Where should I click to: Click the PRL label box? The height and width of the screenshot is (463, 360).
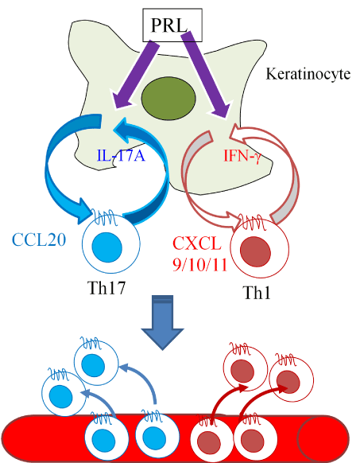172,25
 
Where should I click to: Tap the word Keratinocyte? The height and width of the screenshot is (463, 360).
308,74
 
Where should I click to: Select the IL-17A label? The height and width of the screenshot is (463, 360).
122,155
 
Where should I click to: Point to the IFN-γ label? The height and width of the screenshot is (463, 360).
242,156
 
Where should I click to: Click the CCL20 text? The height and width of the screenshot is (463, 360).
39,239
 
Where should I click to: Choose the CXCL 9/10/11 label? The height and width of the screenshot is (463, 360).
199,254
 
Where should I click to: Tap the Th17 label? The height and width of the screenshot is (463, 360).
106,288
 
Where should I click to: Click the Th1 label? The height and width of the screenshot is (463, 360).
257,294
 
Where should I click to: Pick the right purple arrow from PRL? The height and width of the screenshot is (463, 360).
207,76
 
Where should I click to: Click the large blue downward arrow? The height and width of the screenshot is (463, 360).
163,322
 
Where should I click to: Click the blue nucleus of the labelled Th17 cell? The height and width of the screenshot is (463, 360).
106,247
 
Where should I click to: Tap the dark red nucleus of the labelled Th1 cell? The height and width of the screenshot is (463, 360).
255,251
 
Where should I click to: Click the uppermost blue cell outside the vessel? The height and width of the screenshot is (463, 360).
96,364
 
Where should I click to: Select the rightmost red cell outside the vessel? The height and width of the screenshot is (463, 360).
291,379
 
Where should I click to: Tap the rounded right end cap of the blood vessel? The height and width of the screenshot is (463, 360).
323,439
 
